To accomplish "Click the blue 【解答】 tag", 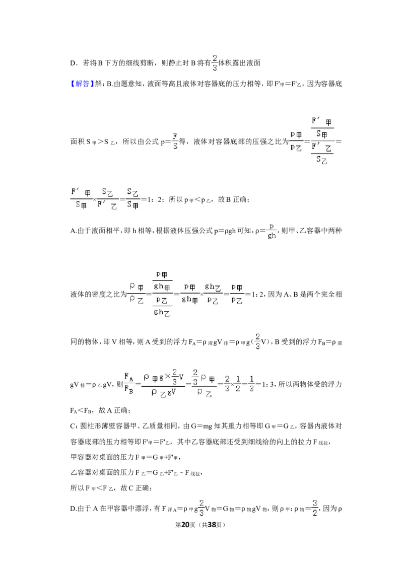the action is [x=82, y=84].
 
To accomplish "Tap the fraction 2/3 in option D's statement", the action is [x=215, y=63].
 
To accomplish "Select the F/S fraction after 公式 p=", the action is [x=175, y=141].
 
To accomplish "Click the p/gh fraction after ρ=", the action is [x=272, y=231].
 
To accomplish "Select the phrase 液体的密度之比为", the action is [x=98, y=295].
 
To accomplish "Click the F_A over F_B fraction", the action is [x=129, y=384].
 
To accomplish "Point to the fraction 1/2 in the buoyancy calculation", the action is [x=238, y=384].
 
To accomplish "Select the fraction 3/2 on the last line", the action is [x=315, y=508].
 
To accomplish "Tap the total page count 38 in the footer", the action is [x=212, y=525].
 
